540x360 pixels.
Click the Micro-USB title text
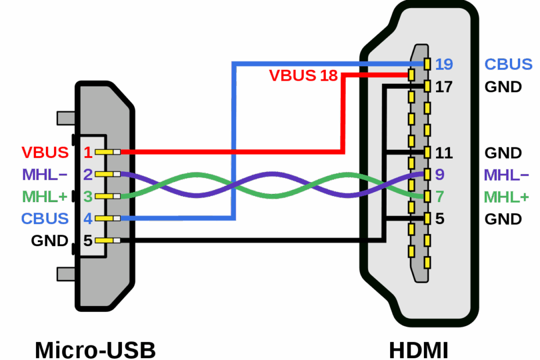tap(95, 350)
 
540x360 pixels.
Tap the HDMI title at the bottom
tap(418, 350)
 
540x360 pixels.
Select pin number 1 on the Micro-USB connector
tap(88, 153)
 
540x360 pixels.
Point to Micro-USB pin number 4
tap(88, 219)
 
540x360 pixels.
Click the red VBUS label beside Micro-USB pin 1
tap(45, 153)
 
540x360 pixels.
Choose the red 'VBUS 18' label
tap(303, 75)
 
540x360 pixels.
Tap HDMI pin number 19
tap(444, 64)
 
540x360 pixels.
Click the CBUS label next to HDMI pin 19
tap(509, 64)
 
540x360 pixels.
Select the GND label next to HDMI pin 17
tap(503, 87)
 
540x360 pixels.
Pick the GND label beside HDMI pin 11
tap(503, 153)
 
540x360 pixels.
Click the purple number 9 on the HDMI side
tap(440, 174)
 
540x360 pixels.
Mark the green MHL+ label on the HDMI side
tap(506, 197)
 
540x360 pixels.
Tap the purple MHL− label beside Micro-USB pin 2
tap(45, 174)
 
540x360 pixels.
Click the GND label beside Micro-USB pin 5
tap(49, 240)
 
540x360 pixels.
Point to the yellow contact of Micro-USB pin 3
tap(105, 196)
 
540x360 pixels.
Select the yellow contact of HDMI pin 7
tap(427, 197)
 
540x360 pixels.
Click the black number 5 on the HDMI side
tap(440, 219)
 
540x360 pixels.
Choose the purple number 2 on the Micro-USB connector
tap(88, 174)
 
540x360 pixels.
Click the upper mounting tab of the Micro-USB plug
tap(66, 118)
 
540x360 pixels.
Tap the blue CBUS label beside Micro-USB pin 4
tap(45, 219)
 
